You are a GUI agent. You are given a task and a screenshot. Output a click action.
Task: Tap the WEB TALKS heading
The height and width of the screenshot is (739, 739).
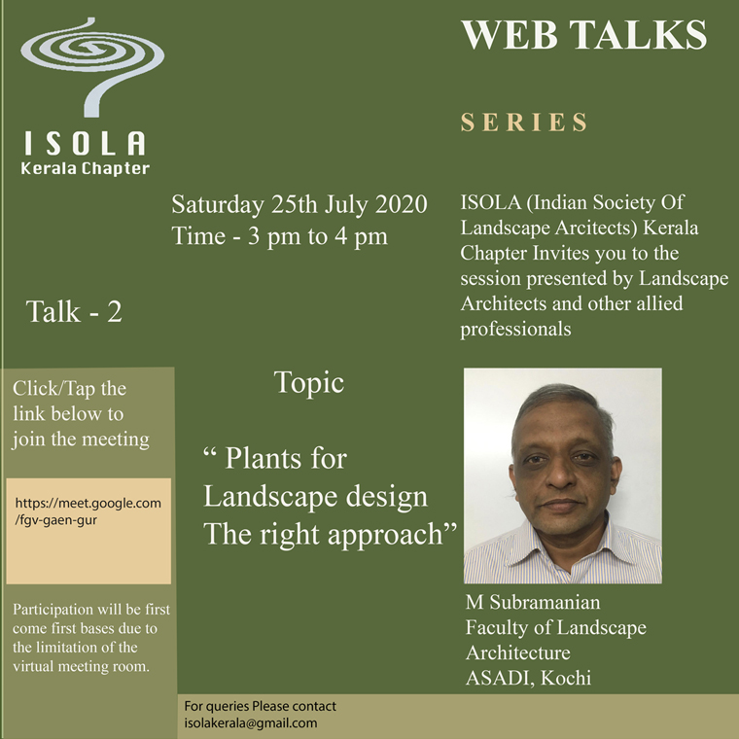(x=584, y=34)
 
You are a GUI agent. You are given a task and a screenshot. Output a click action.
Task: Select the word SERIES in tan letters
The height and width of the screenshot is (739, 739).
(x=524, y=123)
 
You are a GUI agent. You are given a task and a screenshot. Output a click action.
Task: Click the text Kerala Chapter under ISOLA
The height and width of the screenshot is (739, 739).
(x=86, y=169)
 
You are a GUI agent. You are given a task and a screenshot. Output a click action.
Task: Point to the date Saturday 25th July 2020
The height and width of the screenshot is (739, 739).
(x=299, y=204)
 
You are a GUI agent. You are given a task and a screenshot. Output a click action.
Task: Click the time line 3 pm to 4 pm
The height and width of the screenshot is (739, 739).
(x=280, y=235)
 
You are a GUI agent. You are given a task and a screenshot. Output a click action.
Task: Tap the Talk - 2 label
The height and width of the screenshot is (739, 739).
(x=75, y=311)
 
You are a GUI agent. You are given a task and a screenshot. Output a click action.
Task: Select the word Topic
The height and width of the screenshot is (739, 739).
(x=308, y=383)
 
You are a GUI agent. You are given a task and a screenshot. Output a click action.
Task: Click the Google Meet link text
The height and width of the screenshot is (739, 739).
(x=88, y=511)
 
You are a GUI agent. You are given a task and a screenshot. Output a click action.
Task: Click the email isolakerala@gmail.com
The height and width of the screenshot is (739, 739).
(x=250, y=723)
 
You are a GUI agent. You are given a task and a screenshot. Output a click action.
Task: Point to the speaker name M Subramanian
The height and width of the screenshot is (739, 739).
(x=533, y=602)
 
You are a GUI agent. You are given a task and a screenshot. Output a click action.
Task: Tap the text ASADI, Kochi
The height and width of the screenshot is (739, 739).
(x=528, y=678)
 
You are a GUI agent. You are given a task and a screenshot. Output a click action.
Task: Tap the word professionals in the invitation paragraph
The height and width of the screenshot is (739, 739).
(x=515, y=329)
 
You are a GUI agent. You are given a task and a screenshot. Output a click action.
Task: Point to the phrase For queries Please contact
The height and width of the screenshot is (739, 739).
(x=261, y=706)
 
